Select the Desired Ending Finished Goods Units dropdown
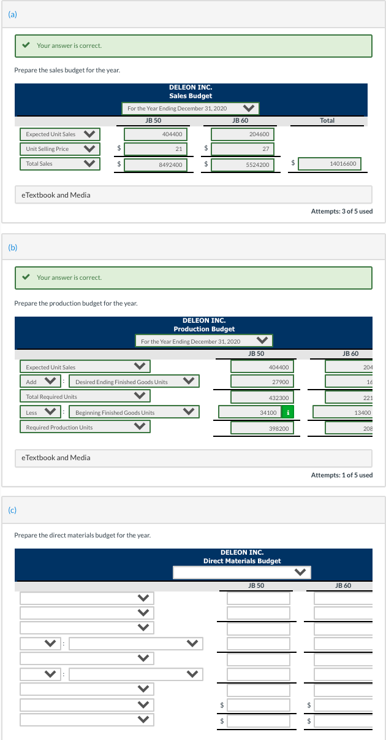pyautogui.click(x=134, y=382)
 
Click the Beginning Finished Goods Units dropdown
pyautogui.click(x=134, y=412)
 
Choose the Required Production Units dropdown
pyautogui.click(x=85, y=427)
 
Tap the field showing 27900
pyautogui.click(x=263, y=382)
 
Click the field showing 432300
pyautogui.click(x=263, y=398)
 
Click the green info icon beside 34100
pyautogui.click(x=288, y=412)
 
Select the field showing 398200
pyautogui.click(x=263, y=428)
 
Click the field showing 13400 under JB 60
pyautogui.click(x=349, y=412)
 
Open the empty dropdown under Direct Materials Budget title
pyautogui.click(x=241, y=572)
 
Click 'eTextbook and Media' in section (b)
pyautogui.click(x=56, y=458)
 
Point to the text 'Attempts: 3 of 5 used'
pyautogui.click(x=341, y=212)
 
